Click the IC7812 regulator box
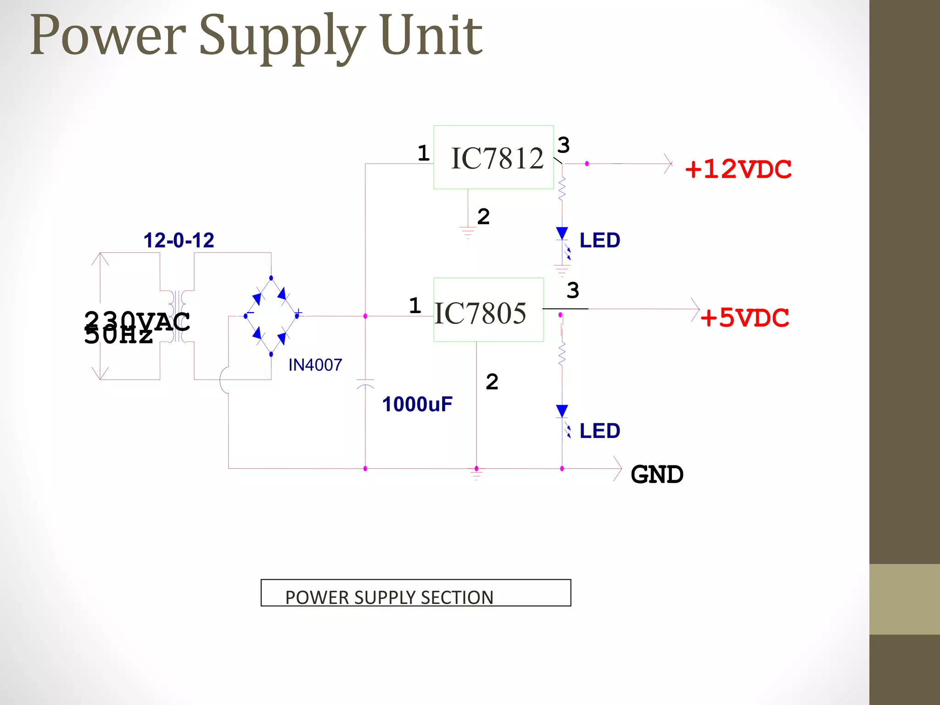coord(493,157)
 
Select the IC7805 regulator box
coord(488,310)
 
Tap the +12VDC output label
coord(738,169)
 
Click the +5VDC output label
coord(744,318)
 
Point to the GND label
coord(657,474)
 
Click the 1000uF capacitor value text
coord(417,404)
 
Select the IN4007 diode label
coord(315,365)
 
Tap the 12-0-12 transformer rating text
coord(179,240)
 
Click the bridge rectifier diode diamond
coord(271,316)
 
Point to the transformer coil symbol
coord(177,316)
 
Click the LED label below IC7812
coord(599,241)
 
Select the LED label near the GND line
coord(599,431)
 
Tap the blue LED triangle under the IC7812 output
coord(562,233)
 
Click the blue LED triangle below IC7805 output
coord(562,411)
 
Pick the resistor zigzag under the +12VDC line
coord(562,188)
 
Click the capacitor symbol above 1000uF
coord(365,384)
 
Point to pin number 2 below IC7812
coord(483,217)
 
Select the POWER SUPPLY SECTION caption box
coord(415,593)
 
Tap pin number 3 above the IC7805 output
coord(572,291)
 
